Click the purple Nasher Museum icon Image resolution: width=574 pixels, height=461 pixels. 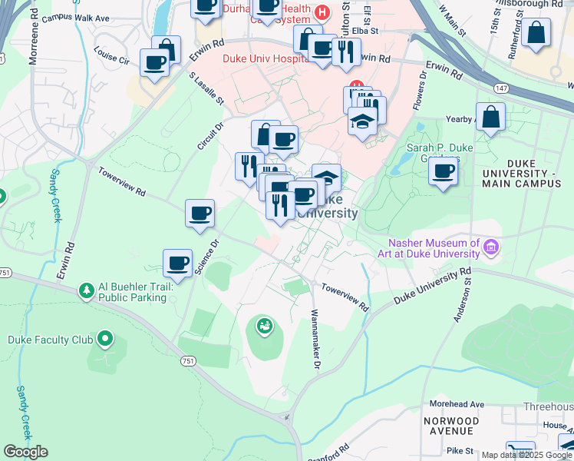491,247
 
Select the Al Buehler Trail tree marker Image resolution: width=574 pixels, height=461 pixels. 86,290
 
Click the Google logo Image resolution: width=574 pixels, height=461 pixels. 25,452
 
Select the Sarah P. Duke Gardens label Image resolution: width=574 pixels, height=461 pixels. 441,154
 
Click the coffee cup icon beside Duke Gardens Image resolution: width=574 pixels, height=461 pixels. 444,171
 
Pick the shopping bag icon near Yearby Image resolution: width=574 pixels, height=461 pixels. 490,118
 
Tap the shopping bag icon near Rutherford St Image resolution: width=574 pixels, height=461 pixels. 537,32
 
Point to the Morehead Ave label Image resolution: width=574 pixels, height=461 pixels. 457,404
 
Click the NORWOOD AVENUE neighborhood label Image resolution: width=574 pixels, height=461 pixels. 457,426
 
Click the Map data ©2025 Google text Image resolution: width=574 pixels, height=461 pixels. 526,455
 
